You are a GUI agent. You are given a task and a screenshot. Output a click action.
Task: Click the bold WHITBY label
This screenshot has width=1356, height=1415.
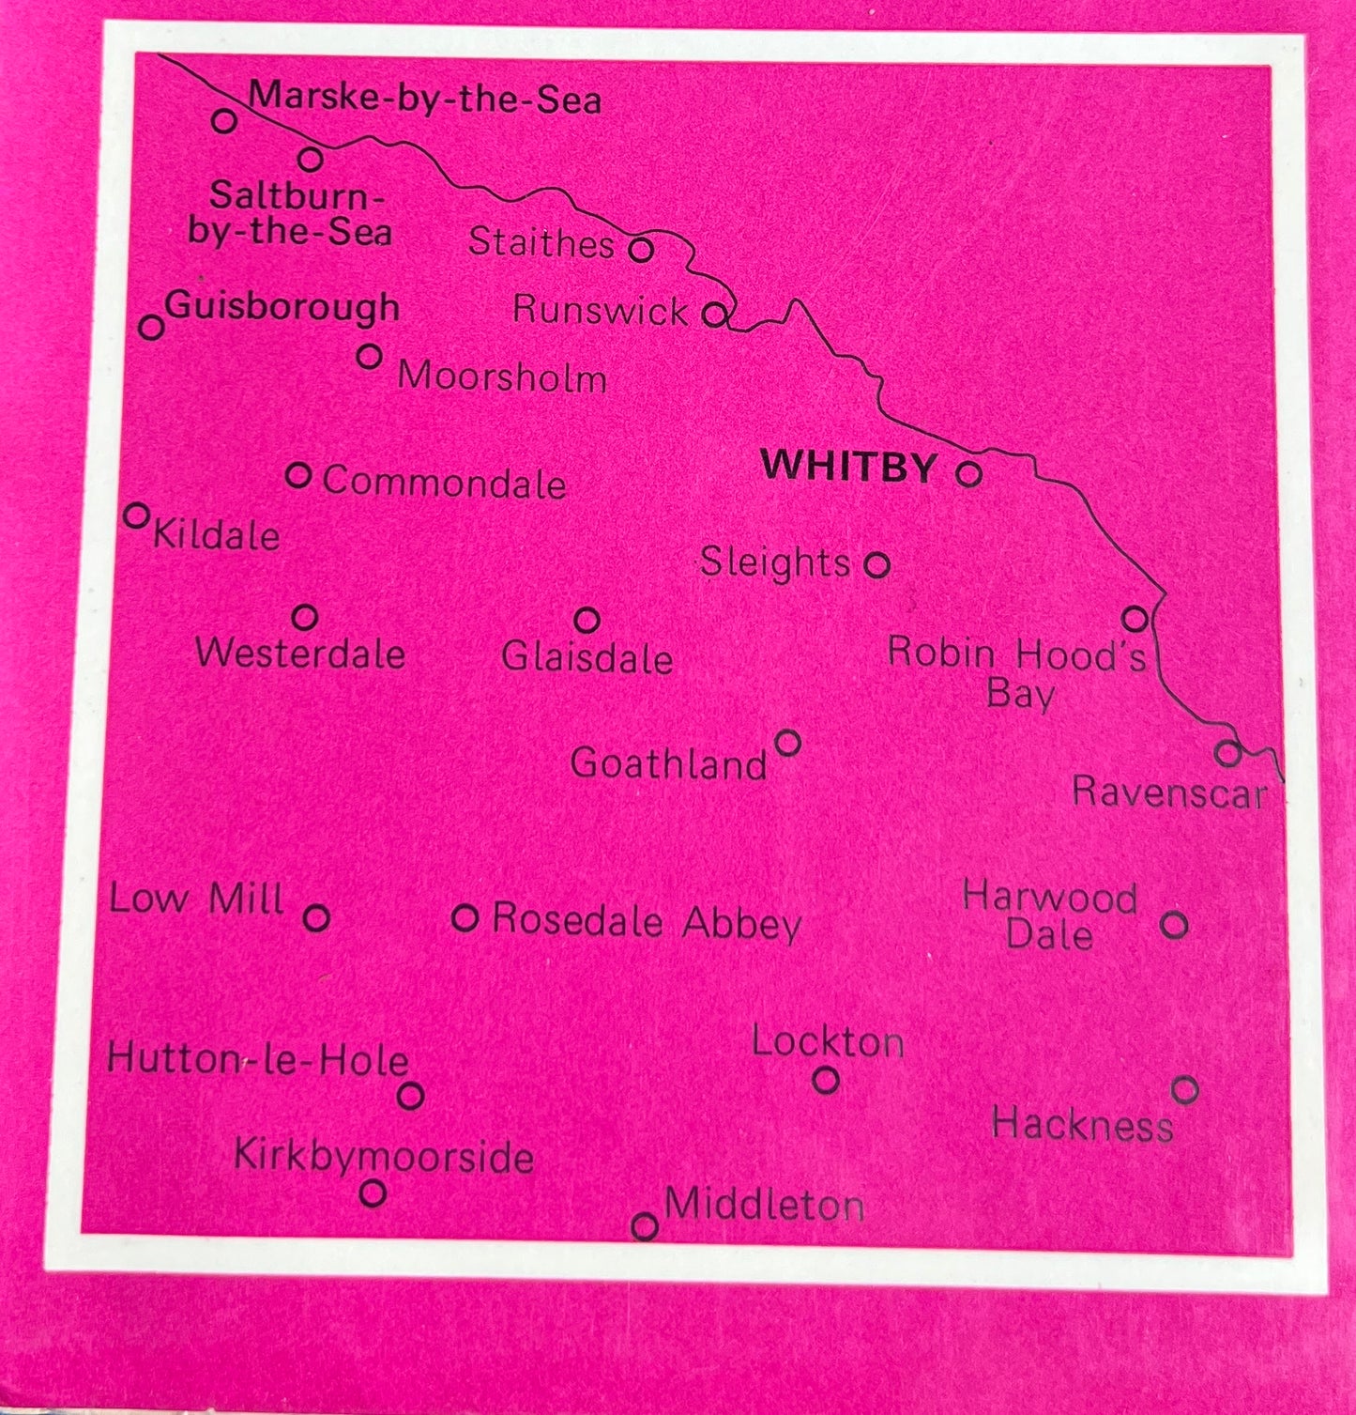coord(848,467)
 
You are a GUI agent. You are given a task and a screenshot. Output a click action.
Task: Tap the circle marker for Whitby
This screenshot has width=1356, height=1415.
coord(968,473)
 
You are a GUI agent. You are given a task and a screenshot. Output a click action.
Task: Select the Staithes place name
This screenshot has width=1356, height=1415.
coord(541,243)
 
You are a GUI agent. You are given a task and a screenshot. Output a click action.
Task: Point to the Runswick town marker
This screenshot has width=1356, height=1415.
coord(715,314)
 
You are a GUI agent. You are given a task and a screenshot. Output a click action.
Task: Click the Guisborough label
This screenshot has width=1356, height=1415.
coord(282,308)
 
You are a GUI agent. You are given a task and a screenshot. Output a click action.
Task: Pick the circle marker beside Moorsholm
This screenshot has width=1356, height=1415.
coord(370,357)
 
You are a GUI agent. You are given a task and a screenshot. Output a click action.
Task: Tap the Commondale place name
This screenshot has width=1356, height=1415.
coord(444,483)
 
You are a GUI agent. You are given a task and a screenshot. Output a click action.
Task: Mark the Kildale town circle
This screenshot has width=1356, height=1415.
coord(137,515)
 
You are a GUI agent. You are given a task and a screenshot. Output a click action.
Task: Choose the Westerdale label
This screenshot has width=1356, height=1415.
coord(300,654)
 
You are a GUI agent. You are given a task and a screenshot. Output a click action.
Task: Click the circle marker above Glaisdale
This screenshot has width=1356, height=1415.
coord(587,620)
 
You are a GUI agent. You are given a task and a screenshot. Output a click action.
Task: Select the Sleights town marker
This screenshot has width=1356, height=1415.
coord(876,565)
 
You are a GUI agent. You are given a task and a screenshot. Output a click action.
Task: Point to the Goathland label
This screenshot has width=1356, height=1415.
coord(669,763)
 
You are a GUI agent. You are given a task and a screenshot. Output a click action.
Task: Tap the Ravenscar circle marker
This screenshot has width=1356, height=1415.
coord(1226,752)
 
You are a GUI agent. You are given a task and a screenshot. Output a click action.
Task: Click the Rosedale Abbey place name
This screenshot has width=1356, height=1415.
coord(647,922)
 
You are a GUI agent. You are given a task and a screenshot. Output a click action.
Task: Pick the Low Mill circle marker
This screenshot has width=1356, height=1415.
coord(317,916)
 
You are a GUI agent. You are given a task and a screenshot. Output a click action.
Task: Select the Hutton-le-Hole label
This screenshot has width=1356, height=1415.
coord(258,1060)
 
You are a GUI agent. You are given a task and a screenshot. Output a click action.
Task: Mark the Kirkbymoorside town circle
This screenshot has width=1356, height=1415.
coord(373,1192)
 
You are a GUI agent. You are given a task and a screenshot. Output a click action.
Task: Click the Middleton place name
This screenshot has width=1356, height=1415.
coord(764,1205)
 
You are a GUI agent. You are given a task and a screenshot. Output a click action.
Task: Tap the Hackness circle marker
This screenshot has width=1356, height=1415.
coord(1185,1090)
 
